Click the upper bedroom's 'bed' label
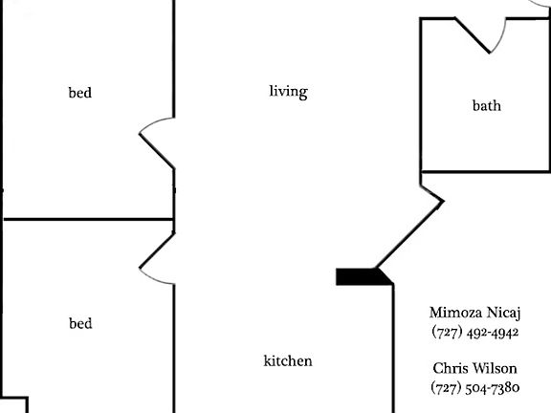(x=80, y=93)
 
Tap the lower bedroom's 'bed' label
(x=80, y=323)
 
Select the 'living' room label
(x=289, y=92)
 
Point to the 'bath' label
(x=487, y=105)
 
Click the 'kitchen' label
(x=288, y=360)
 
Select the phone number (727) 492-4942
(x=475, y=332)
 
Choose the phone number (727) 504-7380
(x=475, y=387)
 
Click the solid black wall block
(x=364, y=276)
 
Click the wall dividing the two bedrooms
(x=88, y=219)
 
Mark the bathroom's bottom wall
(x=485, y=172)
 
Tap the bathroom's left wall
(x=421, y=95)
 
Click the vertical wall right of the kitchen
(x=393, y=348)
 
